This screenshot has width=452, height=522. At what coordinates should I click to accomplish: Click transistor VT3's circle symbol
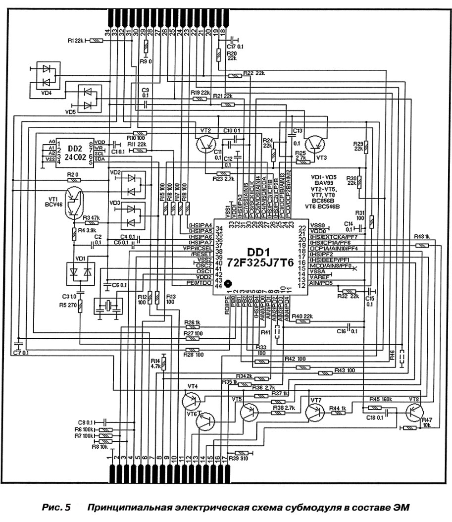315,144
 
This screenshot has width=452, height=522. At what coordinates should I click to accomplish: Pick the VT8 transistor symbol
414,411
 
